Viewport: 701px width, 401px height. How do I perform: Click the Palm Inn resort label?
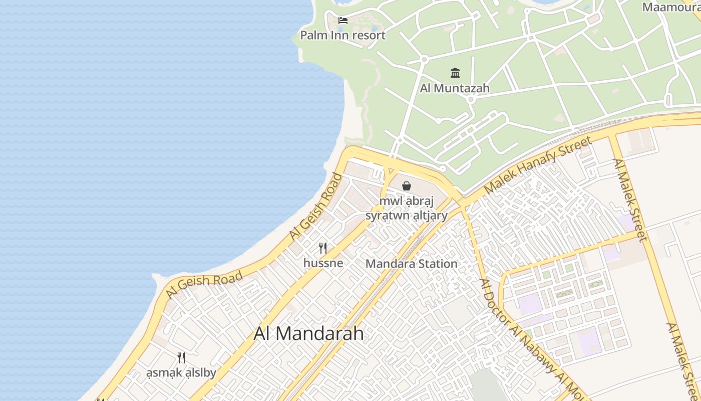[343, 35]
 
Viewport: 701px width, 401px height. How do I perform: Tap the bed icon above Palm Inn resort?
[343, 21]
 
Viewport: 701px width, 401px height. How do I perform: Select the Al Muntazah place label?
[455, 88]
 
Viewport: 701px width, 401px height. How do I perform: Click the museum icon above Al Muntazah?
[455, 73]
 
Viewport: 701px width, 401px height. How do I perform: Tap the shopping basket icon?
[407, 186]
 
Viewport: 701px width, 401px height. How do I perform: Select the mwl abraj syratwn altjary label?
[406, 209]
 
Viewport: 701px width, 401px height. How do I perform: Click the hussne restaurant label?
[323, 263]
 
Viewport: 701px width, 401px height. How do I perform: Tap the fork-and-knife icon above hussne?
[323, 248]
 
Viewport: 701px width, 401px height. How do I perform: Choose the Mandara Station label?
[412, 264]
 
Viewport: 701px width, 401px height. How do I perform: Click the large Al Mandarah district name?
[308, 333]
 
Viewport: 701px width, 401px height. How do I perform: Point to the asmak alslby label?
[181, 373]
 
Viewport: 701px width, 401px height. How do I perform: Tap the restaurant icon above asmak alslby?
[181, 358]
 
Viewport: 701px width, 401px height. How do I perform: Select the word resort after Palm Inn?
[369, 35]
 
